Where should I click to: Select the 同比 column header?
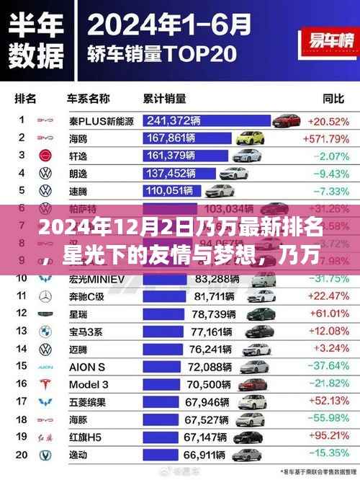333,99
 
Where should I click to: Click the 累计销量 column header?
169,99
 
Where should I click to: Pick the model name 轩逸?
78,155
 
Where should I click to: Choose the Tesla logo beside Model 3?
45,383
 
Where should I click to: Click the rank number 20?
22,454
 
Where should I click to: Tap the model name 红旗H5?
84,437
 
